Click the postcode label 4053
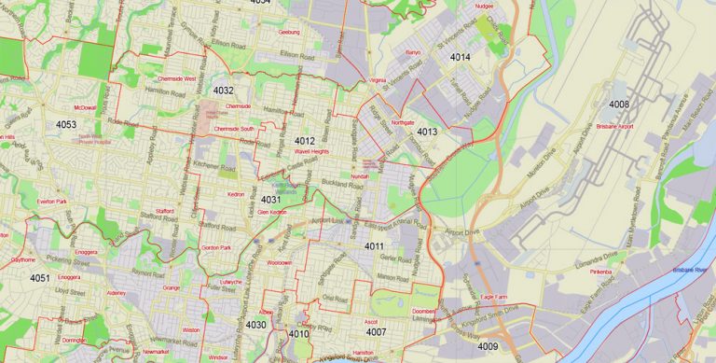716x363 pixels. [x=66, y=124]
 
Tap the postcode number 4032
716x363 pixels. [x=223, y=91]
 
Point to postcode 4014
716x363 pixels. [x=461, y=57]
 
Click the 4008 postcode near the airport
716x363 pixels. [x=619, y=103]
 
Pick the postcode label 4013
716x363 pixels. [x=428, y=132]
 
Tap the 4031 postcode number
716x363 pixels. [x=271, y=199]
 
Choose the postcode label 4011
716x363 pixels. [x=375, y=246]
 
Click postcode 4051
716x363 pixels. [x=39, y=278]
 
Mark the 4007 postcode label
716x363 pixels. [x=377, y=331]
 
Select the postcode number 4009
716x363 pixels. [x=488, y=346]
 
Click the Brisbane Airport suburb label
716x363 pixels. [x=614, y=125]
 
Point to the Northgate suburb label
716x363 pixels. [x=403, y=122]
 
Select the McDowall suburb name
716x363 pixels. [x=85, y=107]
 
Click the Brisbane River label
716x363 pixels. [x=690, y=270]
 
